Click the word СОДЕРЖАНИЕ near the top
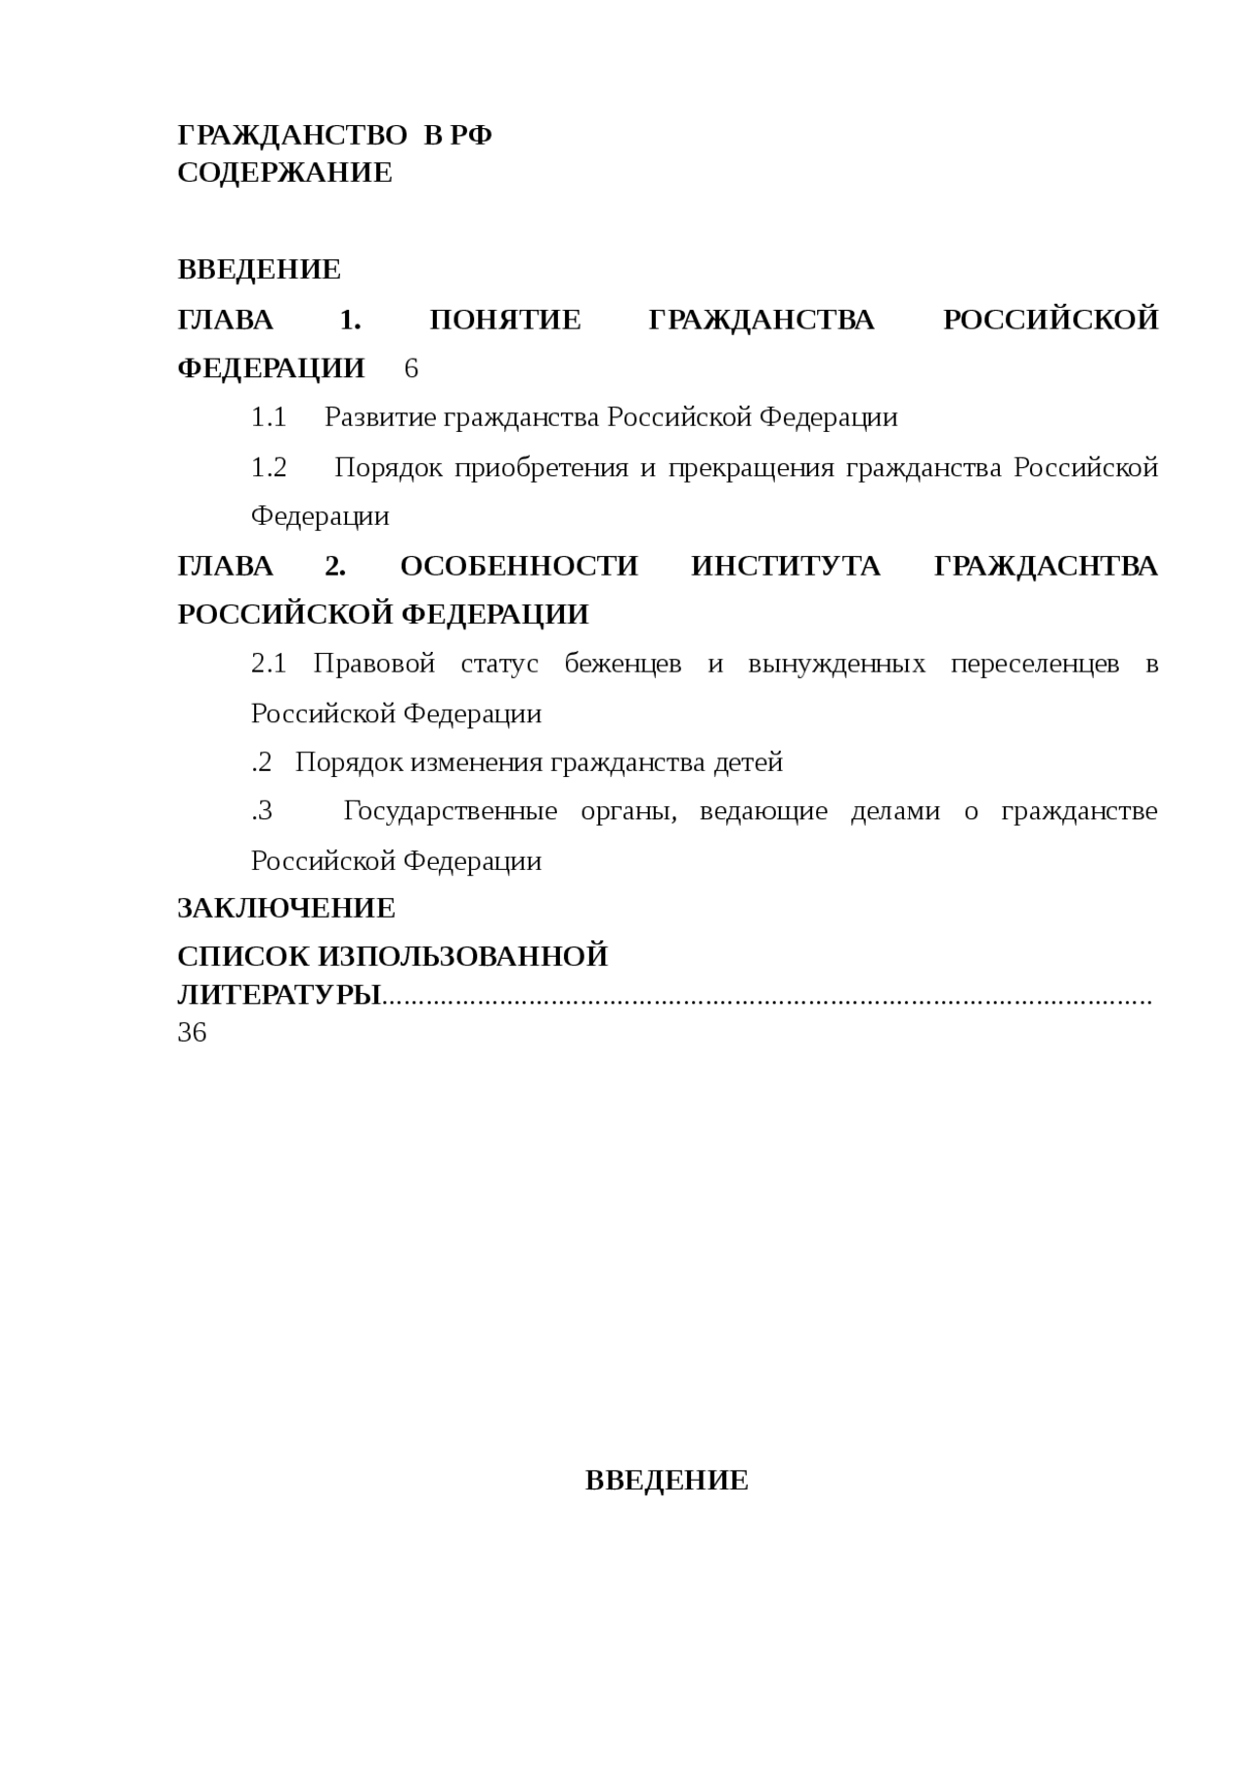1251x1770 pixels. [x=284, y=173]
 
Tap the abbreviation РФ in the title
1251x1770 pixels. [x=471, y=136]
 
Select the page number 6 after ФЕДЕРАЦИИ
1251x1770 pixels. [x=410, y=368]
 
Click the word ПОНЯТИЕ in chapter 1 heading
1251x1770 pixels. [x=505, y=320]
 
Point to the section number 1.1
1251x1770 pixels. [x=268, y=417]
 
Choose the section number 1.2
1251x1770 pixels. [x=269, y=467]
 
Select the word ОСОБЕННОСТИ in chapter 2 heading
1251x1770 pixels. [x=519, y=566]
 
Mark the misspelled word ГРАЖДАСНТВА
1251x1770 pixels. [x=1046, y=566]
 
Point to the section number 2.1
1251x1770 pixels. [x=269, y=664]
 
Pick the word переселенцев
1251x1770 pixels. [x=1035, y=664]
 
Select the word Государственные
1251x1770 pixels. [x=451, y=811]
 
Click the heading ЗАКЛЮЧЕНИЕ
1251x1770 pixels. [x=286, y=908]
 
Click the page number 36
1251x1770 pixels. [x=192, y=1032]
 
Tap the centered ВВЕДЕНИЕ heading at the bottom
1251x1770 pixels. [x=667, y=1481]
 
